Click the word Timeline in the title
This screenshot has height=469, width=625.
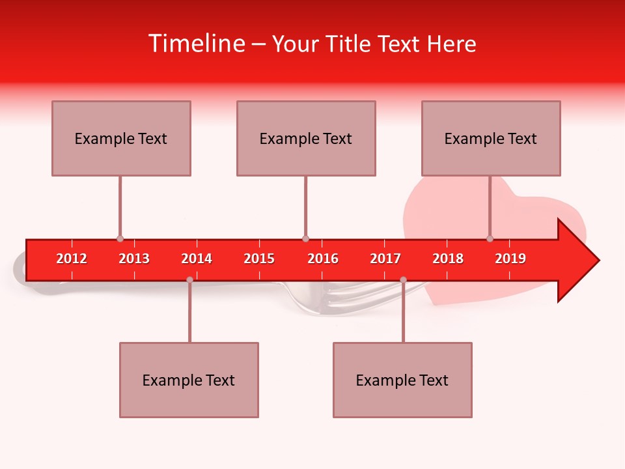(196, 44)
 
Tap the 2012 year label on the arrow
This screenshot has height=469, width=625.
(72, 259)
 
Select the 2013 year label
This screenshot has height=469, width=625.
(134, 259)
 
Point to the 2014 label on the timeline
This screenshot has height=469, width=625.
(197, 259)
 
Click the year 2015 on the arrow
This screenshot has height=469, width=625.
(259, 259)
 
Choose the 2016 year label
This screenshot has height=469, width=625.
(323, 259)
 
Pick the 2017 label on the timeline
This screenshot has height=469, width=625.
(385, 259)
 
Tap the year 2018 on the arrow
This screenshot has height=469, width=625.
(448, 259)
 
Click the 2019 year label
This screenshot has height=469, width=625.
(510, 259)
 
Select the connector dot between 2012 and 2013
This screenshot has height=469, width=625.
(120, 239)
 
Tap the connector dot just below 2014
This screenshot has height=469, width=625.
(189, 279)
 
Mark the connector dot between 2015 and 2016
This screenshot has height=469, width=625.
(305, 239)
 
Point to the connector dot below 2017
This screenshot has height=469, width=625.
(403, 279)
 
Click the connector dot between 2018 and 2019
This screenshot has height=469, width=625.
(490, 239)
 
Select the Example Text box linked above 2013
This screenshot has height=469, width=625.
(121, 138)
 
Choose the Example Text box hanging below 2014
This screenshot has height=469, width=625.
(189, 380)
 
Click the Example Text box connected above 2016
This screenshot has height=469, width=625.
(306, 138)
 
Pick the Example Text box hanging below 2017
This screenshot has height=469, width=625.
(402, 380)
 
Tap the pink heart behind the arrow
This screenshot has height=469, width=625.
(443, 208)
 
